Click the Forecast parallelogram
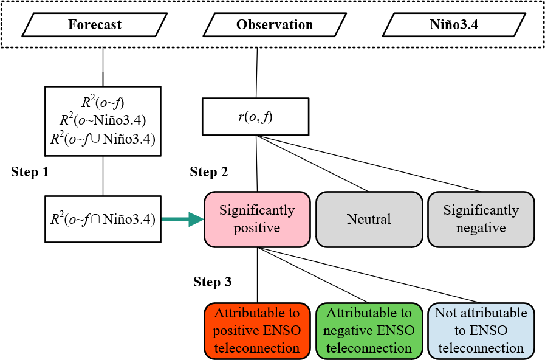[x=94, y=25]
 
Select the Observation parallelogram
[x=275, y=25]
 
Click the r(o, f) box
[x=256, y=117]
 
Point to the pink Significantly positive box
[x=256, y=220]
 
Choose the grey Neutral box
[x=369, y=220]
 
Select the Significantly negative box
[x=481, y=220]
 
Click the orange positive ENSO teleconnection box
[x=256, y=331]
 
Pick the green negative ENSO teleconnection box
[x=369, y=331]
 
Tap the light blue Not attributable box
[x=481, y=331]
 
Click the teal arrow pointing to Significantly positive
[x=182, y=219]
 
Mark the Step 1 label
[x=30, y=172]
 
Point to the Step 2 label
[x=209, y=172]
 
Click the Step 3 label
[x=212, y=282]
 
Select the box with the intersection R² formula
[x=103, y=219]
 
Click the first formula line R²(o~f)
[x=103, y=101]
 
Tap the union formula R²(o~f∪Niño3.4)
[x=103, y=139]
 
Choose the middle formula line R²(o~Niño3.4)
[x=103, y=120]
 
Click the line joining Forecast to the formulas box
[x=103, y=67]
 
